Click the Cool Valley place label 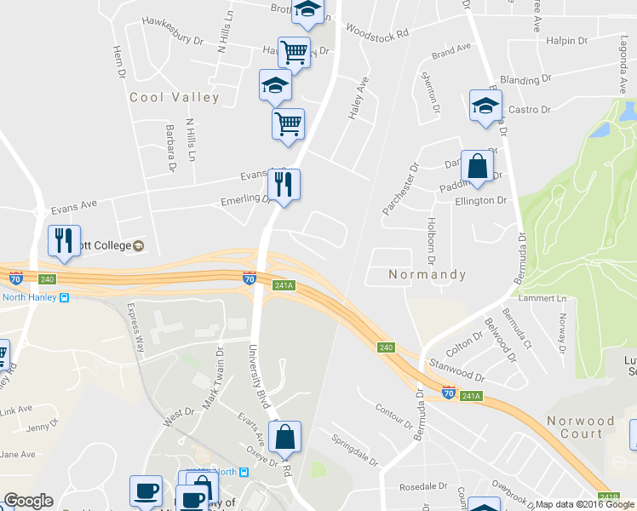point(174,98)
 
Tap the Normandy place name point(428,275)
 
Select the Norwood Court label point(581,428)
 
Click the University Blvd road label point(259,376)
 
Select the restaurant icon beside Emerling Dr point(284,185)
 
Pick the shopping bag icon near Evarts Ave point(285,437)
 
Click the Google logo point(28,501)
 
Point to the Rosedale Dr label point(423,488)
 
